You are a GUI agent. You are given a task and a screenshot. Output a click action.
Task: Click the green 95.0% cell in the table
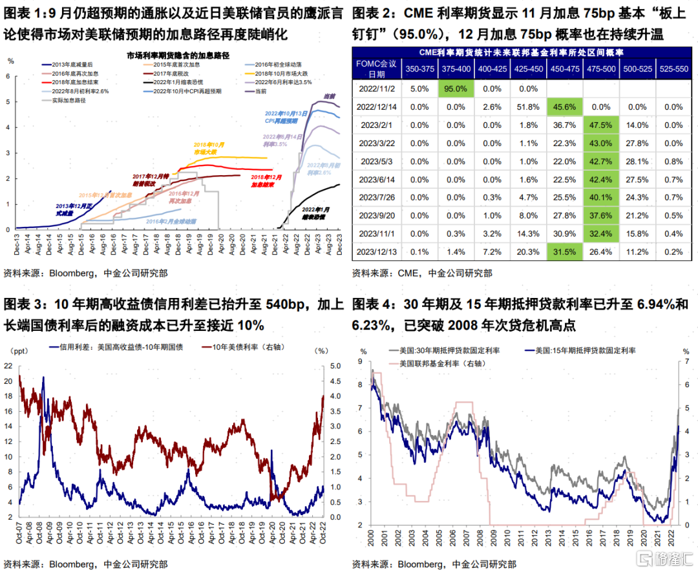[x=454, y=89]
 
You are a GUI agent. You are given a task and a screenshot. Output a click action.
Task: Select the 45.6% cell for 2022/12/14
[x=564, y=107]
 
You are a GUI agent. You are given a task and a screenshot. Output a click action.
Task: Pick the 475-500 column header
[x=602, y=68]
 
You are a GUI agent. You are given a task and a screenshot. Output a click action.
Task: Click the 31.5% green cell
[x=564, y=251]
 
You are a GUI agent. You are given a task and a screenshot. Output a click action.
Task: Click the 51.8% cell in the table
[x=528, y=107]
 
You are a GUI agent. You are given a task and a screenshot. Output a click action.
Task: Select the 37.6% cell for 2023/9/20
[x=602, y=215]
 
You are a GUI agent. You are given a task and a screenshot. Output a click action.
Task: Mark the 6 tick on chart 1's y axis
[x=8, y=76]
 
